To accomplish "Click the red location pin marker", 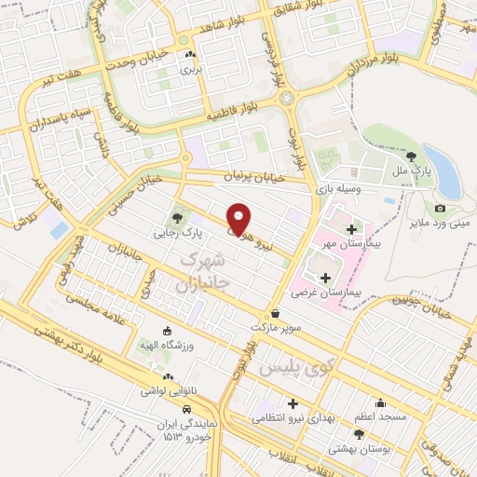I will click(239, 219).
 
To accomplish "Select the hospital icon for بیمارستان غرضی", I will click(325, 278).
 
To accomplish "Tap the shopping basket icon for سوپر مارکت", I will click(275, 314).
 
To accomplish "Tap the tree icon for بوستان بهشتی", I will click(359, 434).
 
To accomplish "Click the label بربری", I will click(190, 69).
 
